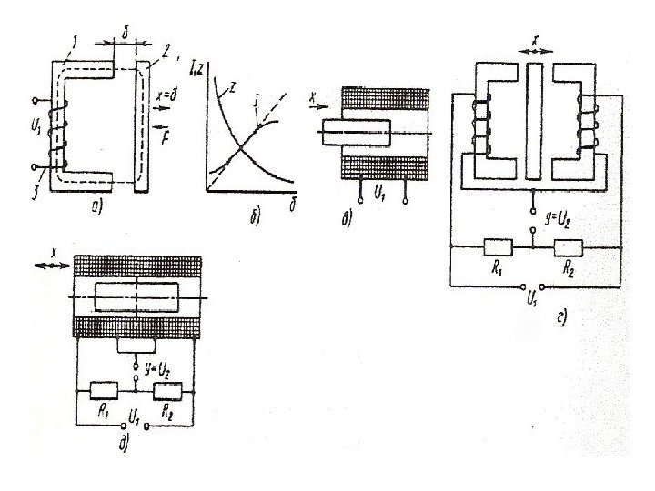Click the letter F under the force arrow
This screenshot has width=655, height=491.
coord(165,140)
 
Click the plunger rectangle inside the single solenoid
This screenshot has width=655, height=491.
coord(355,133)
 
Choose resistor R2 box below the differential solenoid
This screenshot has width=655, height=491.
coord(169,393)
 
